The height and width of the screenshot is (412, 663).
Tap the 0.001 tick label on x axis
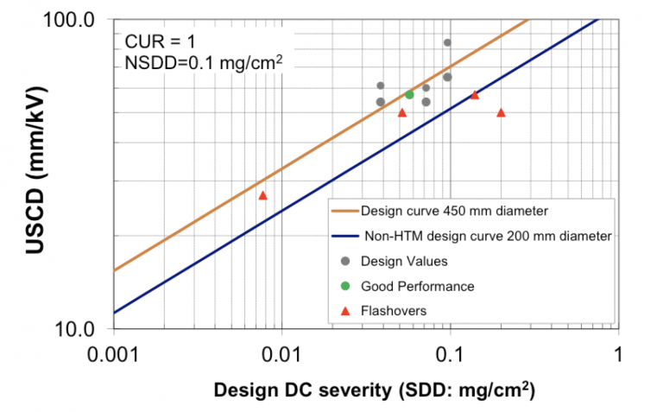click(113, 354)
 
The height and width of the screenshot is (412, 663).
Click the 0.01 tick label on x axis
click(281, 354)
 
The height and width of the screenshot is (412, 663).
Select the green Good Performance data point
click(409, 94)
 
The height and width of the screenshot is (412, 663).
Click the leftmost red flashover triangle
click(263, 196)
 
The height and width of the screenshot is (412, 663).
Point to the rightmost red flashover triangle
click(501, 113)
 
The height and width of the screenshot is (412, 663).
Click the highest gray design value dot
click(447, 42)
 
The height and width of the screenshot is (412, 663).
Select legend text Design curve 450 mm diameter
click(455, 210)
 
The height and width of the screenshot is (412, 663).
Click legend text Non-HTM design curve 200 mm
click(486, 235)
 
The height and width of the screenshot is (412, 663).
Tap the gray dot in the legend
click(345, 261)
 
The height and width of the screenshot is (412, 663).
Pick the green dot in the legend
click(345, 286)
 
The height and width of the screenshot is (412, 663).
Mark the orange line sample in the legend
click(344, 210)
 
